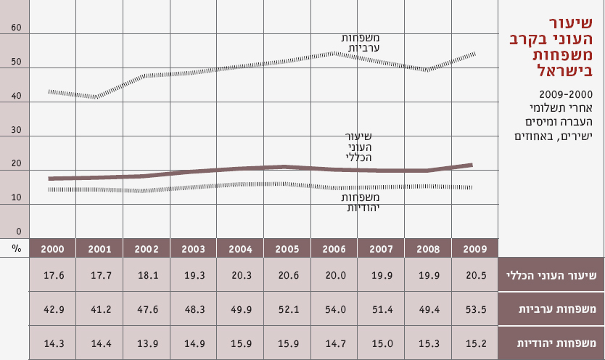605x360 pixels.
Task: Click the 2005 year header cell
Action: (287, 249)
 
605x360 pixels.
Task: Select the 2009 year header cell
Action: (475, 249)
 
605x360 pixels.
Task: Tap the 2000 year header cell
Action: (52, 249)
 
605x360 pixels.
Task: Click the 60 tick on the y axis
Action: (17, 28)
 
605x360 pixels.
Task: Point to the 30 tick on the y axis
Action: (17, 131)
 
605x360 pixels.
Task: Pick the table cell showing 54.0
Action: (334, 308)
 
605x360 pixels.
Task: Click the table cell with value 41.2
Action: (99, 308)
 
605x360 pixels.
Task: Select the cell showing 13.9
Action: (147, 342)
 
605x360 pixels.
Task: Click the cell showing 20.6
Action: (287, 275)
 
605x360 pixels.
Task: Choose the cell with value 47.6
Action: (147, 308)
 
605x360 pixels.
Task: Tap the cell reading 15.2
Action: (475, 342)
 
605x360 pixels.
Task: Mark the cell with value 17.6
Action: (52, 275)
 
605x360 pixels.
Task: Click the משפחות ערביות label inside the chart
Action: (365, 43)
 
